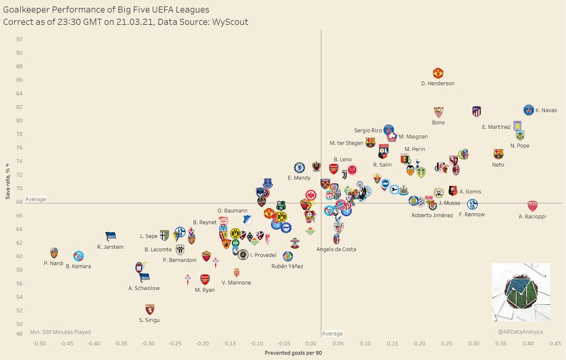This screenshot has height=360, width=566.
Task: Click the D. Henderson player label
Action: coord(438,83)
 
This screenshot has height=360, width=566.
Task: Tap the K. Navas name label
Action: coord(546,110)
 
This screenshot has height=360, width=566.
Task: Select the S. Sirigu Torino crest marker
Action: coord(150,309)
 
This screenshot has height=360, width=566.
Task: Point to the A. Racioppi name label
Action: coord(532,216)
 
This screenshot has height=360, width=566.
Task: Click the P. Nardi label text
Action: coord(54,263)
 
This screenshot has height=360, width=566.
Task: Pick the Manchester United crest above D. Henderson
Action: coord(438,73)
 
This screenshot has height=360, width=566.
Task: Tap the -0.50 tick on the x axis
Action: coord(39,344)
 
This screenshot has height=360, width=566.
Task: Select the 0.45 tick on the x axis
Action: coord(555,344)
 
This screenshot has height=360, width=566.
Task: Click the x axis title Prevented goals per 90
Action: coord(293,353)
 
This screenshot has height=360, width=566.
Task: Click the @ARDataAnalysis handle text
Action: coord(520,332)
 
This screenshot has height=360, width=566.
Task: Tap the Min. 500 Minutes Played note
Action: coord(61,332)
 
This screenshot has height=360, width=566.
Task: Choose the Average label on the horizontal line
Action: coord(36,199)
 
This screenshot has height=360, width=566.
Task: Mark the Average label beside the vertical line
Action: coord(332,333)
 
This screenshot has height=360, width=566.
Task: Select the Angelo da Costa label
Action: coord(336,249)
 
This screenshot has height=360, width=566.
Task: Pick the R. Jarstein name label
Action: coord(111,247)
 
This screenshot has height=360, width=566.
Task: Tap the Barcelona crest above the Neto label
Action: coord(498,154)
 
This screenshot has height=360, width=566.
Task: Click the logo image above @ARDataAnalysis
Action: coord(521,292)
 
